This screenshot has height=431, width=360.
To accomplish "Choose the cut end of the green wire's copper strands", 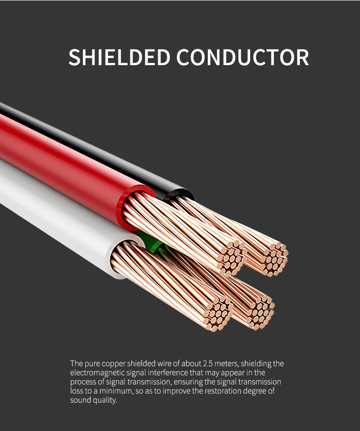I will pyautogui.click(x=260, y=310).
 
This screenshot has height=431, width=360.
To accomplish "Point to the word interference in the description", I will pyautogui.click(x=166, y=373).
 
